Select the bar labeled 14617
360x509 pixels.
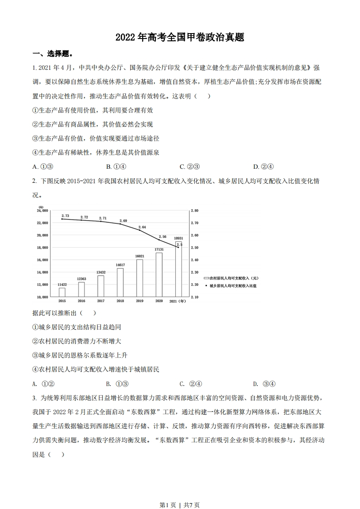120,282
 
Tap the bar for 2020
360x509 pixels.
159,274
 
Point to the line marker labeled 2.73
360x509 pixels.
62,219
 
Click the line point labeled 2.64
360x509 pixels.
139,230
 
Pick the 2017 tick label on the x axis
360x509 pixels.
101,301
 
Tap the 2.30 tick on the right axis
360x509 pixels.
195,272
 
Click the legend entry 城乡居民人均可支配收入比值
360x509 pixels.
231,286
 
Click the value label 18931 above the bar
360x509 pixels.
178,238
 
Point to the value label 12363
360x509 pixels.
81,279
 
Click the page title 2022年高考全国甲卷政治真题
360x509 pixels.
180,37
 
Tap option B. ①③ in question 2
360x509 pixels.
117,383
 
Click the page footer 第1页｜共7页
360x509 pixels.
180,492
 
